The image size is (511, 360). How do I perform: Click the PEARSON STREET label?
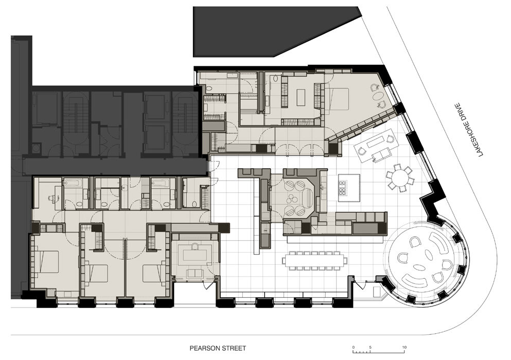[218, 348]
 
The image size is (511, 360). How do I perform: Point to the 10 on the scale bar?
[404, 347]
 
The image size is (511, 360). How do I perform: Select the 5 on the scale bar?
[371, 347]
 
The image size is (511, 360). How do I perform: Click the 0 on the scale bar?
[354, 347]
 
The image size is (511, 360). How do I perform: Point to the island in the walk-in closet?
[301, 97]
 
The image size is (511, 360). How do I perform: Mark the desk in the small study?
[195, 255]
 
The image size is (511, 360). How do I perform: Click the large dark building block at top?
[274, 31]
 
